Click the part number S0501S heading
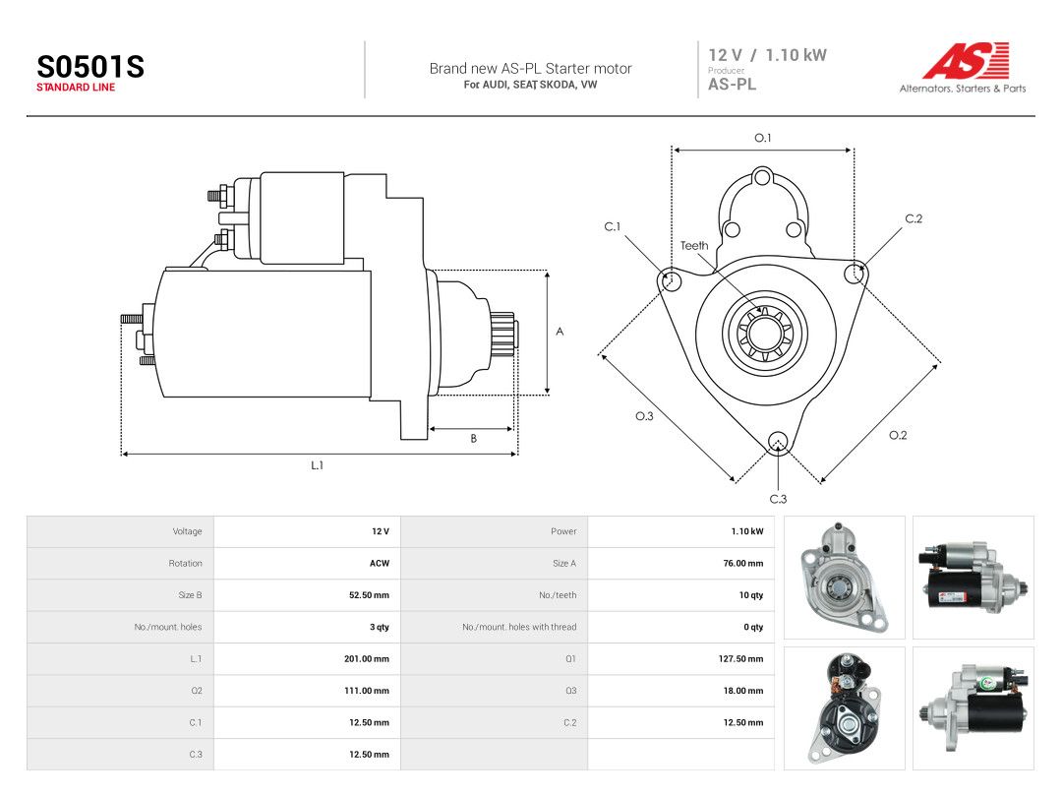(x=90, y=67)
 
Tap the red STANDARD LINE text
(x=76, y=88)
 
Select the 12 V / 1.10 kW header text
(x=767, y=55)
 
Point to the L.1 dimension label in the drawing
(x=317, y=465)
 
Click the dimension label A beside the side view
(x=560, y=332)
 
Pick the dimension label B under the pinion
(x=473, y=439)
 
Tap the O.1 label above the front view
(x=763, y=138)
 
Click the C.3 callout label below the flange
(x=778, y=499)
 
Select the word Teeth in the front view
(x=694, y=245)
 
